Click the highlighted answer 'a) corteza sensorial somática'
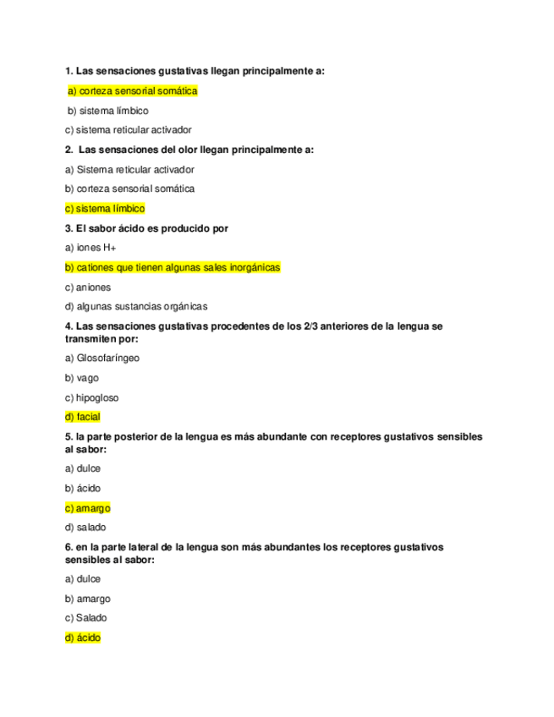132,91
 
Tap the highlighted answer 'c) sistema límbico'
105,208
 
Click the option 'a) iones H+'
91,248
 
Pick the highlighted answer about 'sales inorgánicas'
172,267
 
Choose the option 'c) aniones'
88,287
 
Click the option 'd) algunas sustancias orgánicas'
136,306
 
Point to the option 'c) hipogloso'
92,397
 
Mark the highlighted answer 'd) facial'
82,417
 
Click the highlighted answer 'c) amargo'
87,508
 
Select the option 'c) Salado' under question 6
85,618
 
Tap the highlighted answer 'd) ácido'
82,638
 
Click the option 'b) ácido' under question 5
83,488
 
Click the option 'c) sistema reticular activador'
128,130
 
